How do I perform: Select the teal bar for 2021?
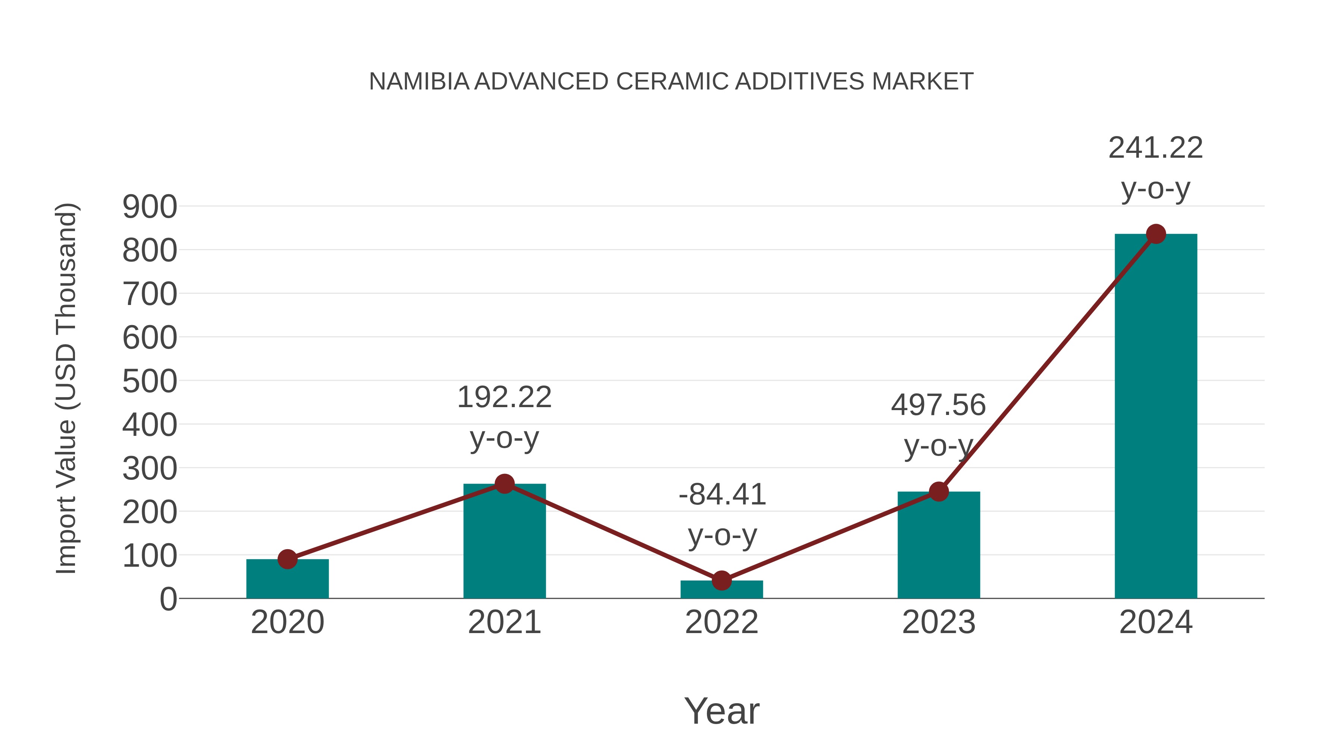(504, 542)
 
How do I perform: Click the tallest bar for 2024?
(1156, 417)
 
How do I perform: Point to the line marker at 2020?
(287, 559)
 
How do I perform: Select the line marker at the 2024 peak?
(1156, 234)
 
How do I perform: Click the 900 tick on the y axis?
(150, 207)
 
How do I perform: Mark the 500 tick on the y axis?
(150, 381)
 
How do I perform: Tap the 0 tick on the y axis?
(168, 599)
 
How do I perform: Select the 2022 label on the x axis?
(721, 622)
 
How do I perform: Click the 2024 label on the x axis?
(1156, 622)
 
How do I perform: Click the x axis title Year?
(721, 711)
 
